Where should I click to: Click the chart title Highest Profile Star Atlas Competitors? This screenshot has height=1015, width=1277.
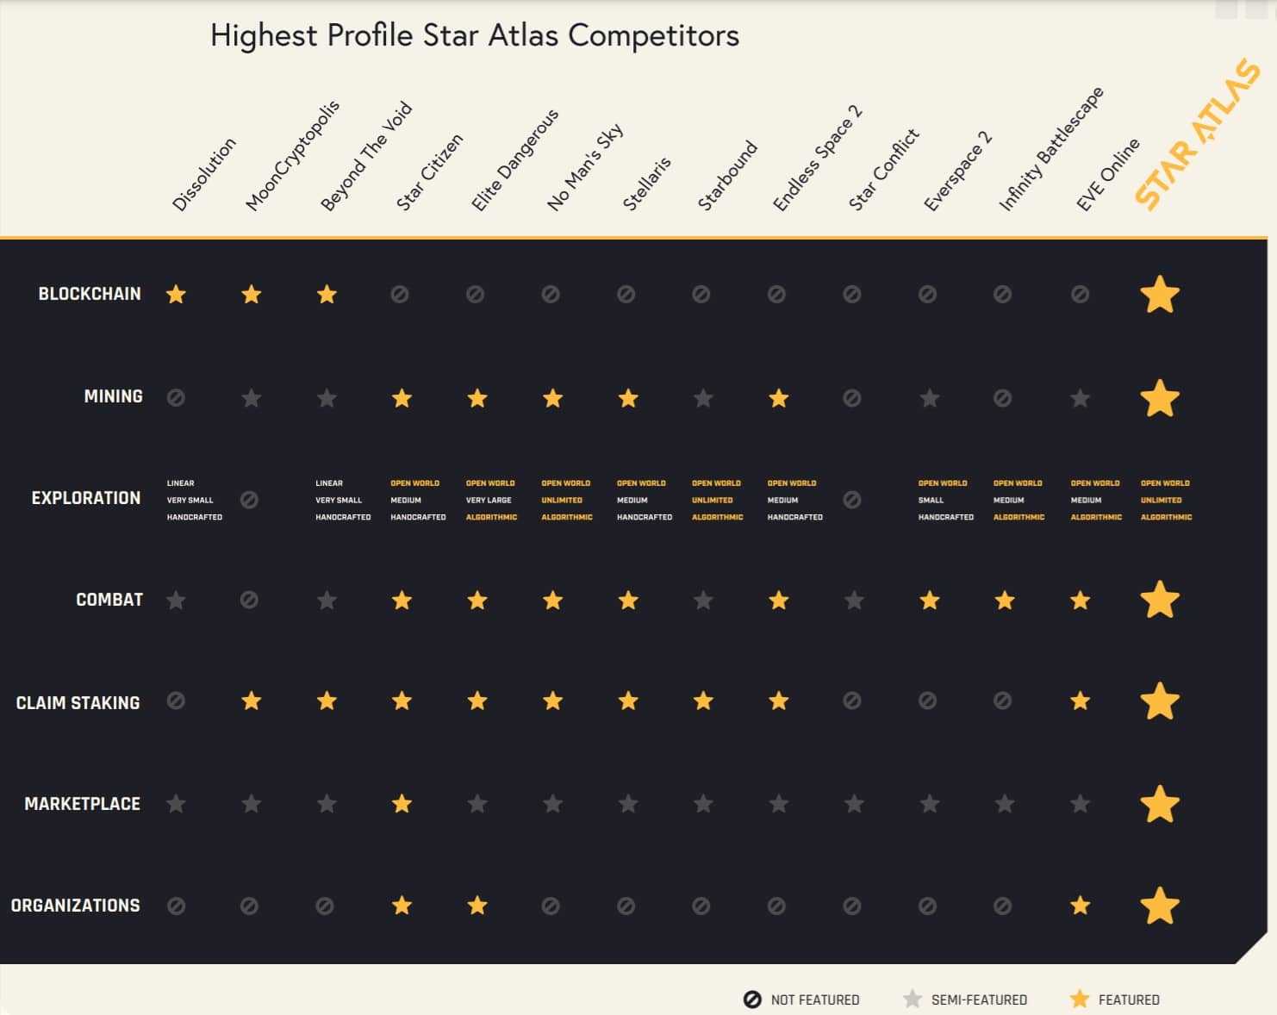click(474, 36)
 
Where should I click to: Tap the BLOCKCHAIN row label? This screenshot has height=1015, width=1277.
click(90, 294)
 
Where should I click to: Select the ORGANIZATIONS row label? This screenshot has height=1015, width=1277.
click(75, 906)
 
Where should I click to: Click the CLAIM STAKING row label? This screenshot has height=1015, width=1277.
click(78, 703)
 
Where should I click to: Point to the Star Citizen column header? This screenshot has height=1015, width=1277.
click(429, 172)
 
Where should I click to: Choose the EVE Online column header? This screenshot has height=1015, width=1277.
click(1107, 175)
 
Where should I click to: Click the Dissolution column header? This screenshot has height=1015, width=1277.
click(203, 175)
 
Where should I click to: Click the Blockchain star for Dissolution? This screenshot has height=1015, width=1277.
click(176, 295)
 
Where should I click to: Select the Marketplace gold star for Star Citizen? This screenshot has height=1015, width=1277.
click(402, 804)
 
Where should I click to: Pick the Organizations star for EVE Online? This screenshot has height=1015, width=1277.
click(1080, 906)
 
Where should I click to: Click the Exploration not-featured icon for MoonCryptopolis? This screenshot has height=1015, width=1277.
click(250, 500)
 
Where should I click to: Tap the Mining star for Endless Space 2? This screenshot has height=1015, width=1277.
click(779, 398)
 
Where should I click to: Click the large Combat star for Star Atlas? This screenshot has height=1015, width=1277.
click(1160, 600)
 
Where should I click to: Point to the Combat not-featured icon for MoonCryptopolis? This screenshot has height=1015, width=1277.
click(250, 600)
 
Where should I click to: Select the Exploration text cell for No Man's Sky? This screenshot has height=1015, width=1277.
click(566, 500)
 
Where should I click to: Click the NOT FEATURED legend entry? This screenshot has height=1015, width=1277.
click(801, 999)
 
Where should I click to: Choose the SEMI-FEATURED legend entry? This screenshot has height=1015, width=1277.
click(964, 999)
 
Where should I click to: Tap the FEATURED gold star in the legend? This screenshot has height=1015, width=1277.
click(1080, 999)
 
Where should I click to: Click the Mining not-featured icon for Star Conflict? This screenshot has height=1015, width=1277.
click(852, 398)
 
